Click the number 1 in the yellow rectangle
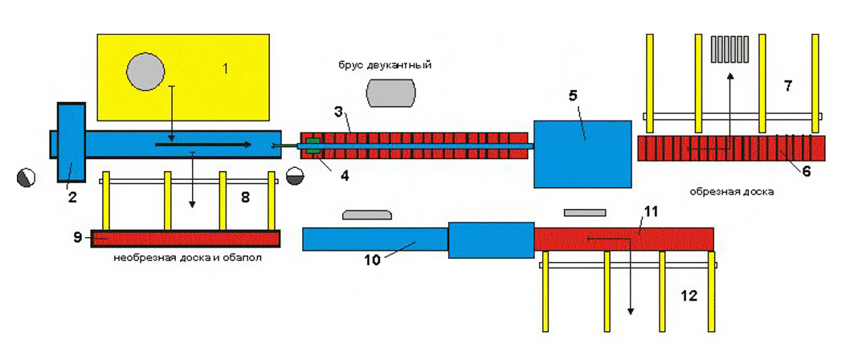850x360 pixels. [226, 69]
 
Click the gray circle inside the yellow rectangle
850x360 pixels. [145, 72]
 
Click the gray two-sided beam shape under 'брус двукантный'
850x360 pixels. [391, 92]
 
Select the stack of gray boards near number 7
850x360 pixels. [730, 50]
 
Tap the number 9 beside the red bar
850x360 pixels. [78, 238]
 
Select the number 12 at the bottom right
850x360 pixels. [689, 297]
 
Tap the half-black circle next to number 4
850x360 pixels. [295, 175]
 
